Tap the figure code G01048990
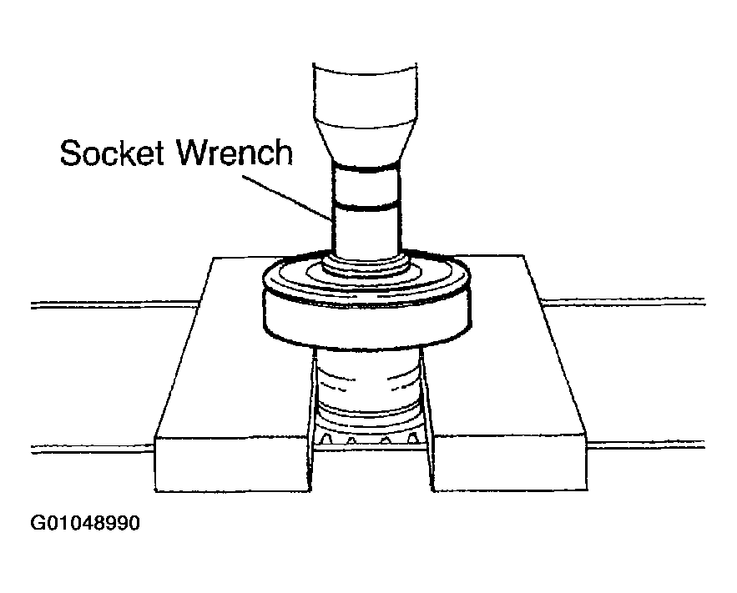coord(85,523)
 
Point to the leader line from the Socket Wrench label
coord(287,198)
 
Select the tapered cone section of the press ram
coord(366,143)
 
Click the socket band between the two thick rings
coord(366,188)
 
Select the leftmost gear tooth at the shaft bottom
coord(328,440)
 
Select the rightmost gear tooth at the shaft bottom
coord(412,440)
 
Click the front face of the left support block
coord(233,465)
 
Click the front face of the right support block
coord(509,464)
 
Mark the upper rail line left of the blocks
coord(115,304)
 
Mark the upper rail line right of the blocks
coord(623,301)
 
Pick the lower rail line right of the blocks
coord(646,445)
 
